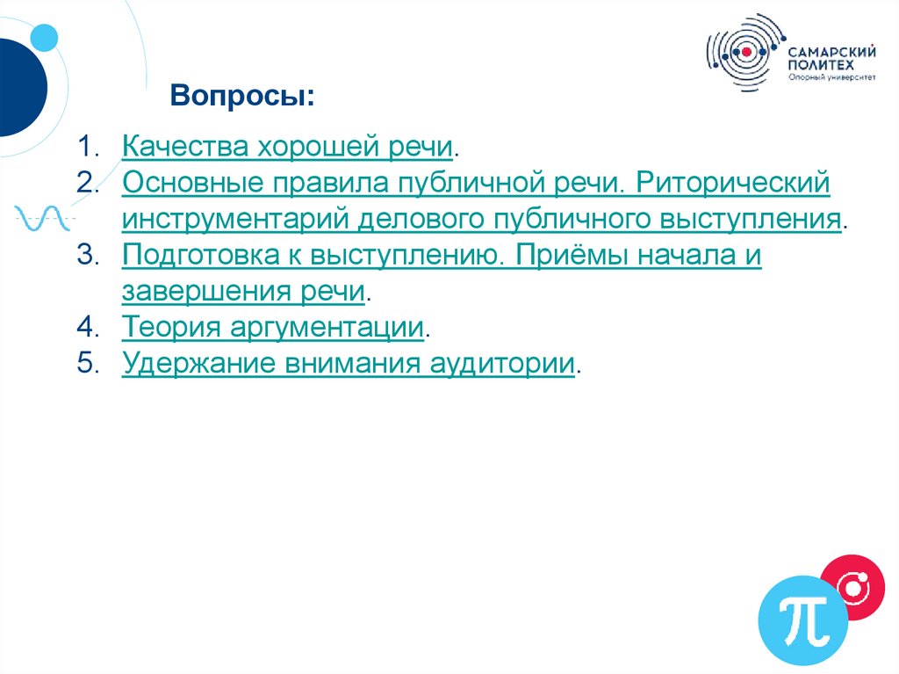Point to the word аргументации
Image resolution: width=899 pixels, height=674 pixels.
coord(328,327)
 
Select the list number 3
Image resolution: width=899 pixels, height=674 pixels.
coord(85,255)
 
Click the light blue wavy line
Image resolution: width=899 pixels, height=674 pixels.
coord(42,217)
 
